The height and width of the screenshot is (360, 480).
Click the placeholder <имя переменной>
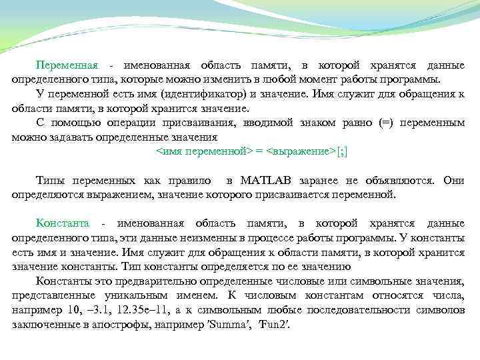[206, 151]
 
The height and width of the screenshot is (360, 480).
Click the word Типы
[50, 181]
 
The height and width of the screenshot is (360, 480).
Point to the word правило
[191, 181]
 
